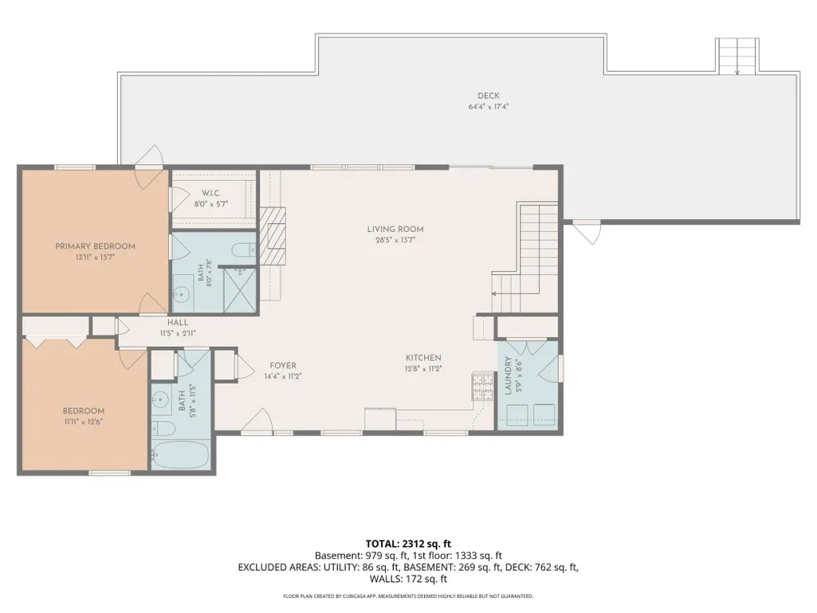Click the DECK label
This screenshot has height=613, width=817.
pos(489,96)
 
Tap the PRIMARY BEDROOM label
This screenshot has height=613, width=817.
pos(96,246)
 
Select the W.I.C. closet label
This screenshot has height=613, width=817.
pos(211,193)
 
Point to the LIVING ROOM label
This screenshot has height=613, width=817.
pos(395,229)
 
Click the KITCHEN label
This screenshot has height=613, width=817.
pos(423,358)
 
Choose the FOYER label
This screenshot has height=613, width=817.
pos(283,365)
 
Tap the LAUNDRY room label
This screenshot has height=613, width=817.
pos(508,375)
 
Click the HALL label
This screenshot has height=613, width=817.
pos(178,322)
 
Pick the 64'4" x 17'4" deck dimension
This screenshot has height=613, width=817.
pos(489,107)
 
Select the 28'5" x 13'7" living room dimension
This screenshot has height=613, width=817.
pos(395,240)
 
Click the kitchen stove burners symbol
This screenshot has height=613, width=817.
pos(482,387)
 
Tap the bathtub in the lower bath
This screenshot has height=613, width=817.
pos(180,454)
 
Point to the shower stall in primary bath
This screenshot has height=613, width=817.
pos(240,289)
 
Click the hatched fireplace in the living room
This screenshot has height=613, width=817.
pos(273,237)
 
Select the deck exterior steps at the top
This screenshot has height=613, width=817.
pos(736,56)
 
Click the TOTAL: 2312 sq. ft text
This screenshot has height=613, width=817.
pos(408,544)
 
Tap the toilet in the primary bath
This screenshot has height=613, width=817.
pos(244,250)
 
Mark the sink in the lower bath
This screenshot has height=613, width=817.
pos(160,401)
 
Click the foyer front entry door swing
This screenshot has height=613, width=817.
pos(257,420)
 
